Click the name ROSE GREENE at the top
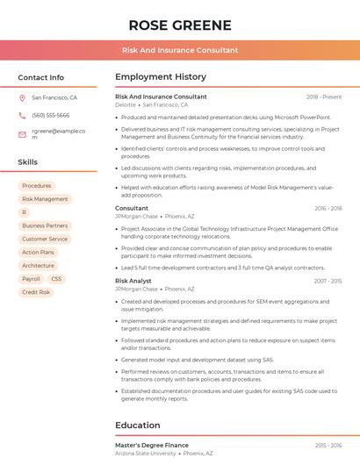pyautogui.click(x=179, y=25)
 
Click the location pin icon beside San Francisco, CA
pyautogui.click(x=22, y=97)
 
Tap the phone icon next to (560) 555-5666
pyautogui.click(x=22, y=115)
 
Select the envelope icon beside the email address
pyautogui.click(x=22, y=134)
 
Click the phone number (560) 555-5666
pyautogui.click(x=50, y=115)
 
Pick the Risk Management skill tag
pyautogui.click(x=45, y=199)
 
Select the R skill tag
pyautogui.click(x=25, y=212)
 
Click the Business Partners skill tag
pyautogui.click(x=45, y=225)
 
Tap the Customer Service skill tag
pyautogui.click(x=45, y=239)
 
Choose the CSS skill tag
pyautogui.click(x=57, y=279)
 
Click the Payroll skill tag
pyautogui.click(x=31, y=279)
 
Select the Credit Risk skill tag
pyautogui.click(x=36, y=292)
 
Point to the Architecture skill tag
pyautogui.click(x=38, y=265)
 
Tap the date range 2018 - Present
pyautogui.click(x=324, y=97)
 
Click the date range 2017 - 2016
pyautogui.click(x=328, y=281)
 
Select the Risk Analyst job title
pyautogui.click(x=133, y=281)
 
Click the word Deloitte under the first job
pyautogui.click(x=126, y=104)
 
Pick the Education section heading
pyautogui.click(x=137, y=426)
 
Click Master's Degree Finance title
pyautogui.click(x=152, y=445)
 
